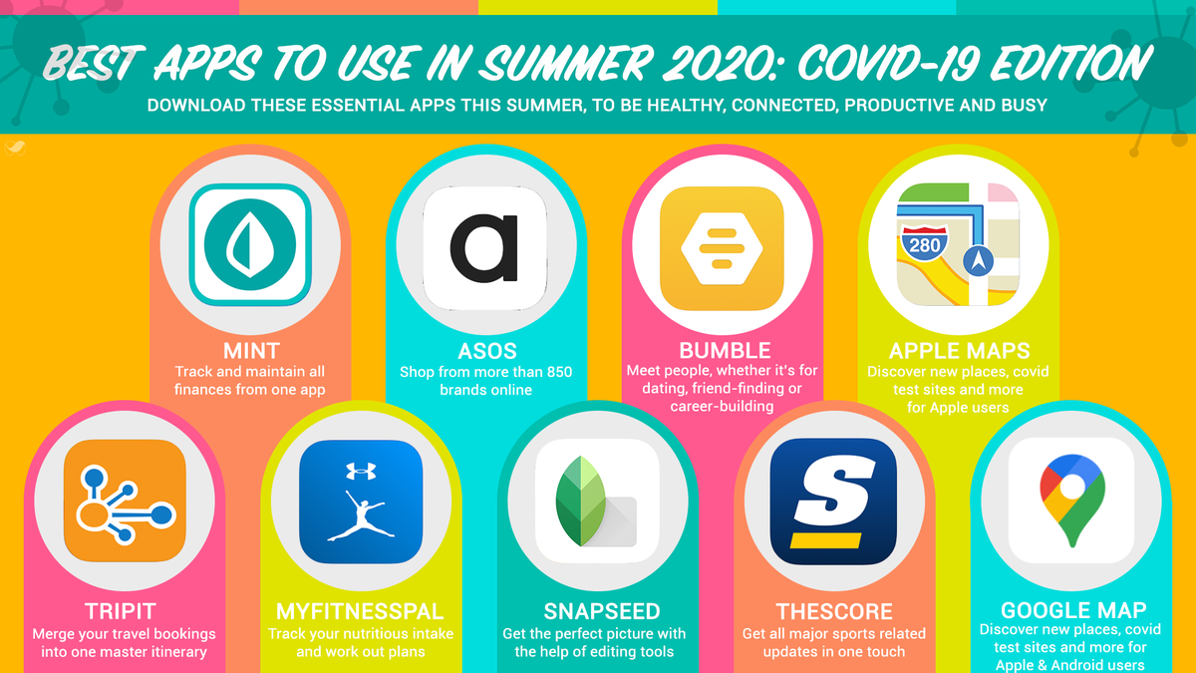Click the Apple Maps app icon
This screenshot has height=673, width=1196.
coord(959,245)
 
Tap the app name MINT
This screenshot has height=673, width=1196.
coord(251,352)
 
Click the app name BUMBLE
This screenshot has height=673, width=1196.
coord(725,351)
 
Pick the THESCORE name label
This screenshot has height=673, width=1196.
coord(834,611)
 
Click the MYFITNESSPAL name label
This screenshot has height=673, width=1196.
coord(361,611)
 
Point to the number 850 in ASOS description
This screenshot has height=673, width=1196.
coord(555,372)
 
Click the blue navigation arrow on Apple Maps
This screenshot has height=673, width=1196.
coord(979,261)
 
